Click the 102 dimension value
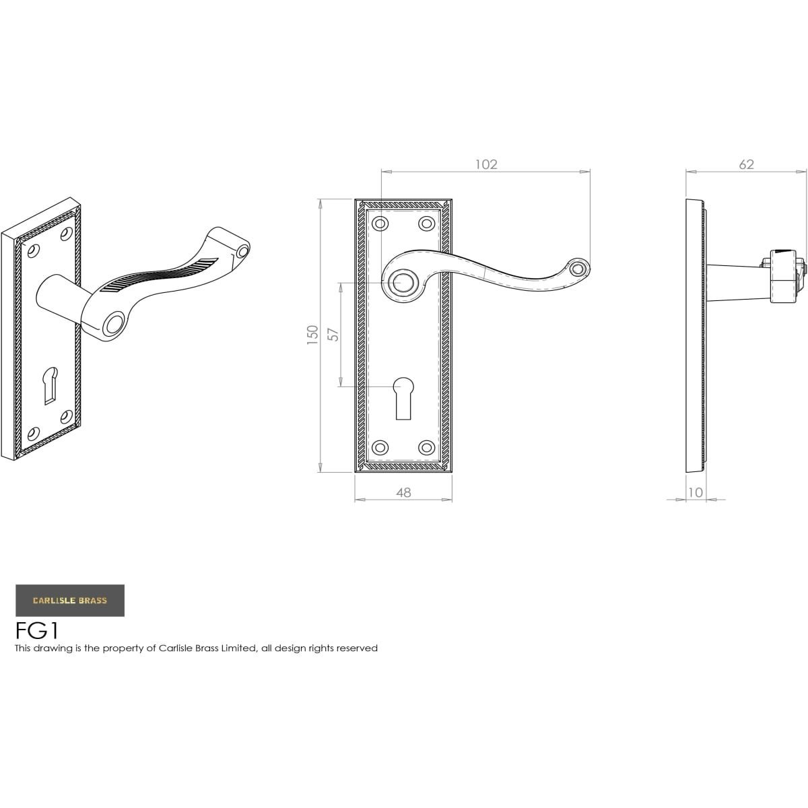click(486, 164)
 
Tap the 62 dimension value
click(746, 164)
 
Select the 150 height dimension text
click(313, 335)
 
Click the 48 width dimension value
click(403, 493)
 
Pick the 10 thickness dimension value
click(696, 492)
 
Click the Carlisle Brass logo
click(70, 601)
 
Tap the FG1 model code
click(37, 630)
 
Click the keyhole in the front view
click(403, 399)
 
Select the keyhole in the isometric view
click(50, 386)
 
